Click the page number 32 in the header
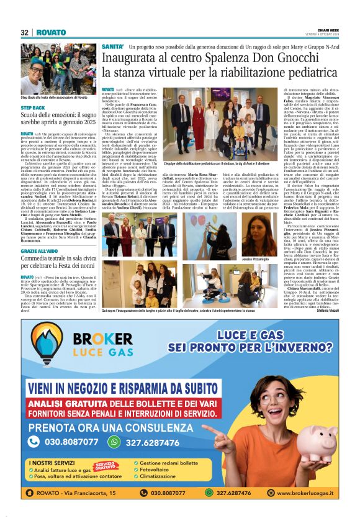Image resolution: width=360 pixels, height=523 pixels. pyautogui.click(x=25, y=32)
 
